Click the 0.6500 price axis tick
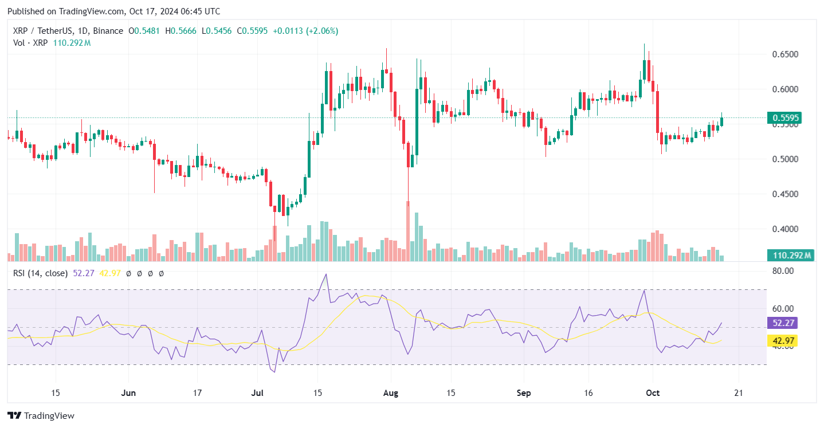point(784,54)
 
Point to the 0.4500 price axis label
point(784,194)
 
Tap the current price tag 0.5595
point(786,119)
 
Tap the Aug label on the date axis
point(391,393)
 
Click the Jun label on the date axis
point(129,393)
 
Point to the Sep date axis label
point(524,393)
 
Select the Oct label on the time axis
point(653,393)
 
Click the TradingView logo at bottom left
point(41,415)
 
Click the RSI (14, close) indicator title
point(40,273)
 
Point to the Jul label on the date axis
point(257,393)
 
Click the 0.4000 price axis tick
point(784,229)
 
